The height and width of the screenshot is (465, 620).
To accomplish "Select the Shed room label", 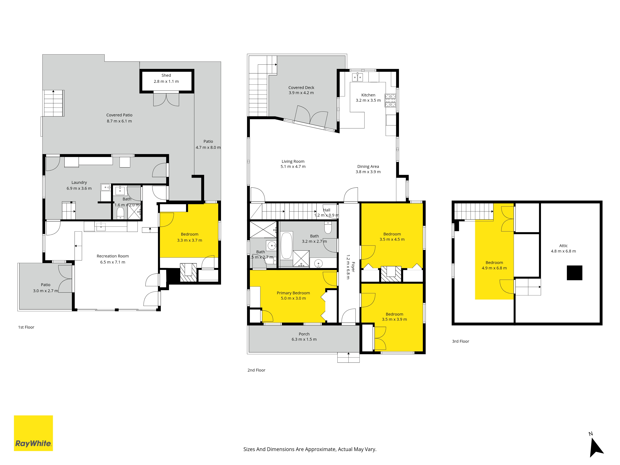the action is [x=166, y=75].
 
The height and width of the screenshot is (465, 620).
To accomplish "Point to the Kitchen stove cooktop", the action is [x=390, y=100].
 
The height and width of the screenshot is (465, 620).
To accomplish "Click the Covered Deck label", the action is [x=301, y=87].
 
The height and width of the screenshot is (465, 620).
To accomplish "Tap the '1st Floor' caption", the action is [x=26, y=327].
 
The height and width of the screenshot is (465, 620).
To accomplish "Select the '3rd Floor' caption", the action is [x=461, y=341].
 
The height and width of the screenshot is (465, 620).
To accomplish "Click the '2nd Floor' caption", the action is [x=256, y=370].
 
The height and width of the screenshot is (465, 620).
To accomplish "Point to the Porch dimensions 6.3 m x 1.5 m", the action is [x=304, y=339].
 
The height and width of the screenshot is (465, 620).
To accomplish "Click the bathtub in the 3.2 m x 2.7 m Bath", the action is [x=286, y=246].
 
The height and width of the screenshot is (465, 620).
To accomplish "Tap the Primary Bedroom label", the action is [x=293, y=293].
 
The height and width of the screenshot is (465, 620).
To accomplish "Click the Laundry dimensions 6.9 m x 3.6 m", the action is [x=79, y=188].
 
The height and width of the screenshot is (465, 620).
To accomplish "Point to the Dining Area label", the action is [x=368, y=166].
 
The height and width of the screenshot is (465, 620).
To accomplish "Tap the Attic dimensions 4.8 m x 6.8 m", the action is [x=563, y=251].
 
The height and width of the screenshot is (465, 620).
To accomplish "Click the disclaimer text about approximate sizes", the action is [x=310, y=449].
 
